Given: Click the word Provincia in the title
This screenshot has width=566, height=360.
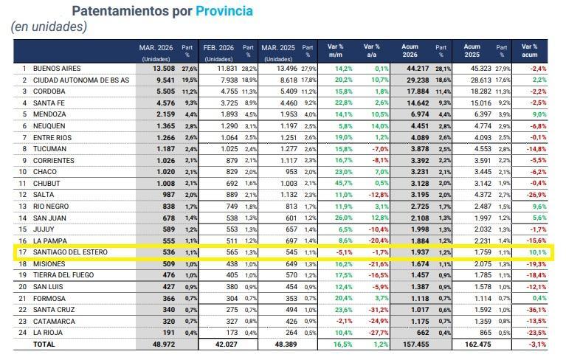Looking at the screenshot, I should (224, 11).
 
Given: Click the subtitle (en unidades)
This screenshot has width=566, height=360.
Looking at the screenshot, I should (49, 27).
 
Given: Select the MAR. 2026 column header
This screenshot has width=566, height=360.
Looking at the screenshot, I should (156, 52).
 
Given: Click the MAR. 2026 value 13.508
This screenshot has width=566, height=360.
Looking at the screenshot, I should (160, 69).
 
